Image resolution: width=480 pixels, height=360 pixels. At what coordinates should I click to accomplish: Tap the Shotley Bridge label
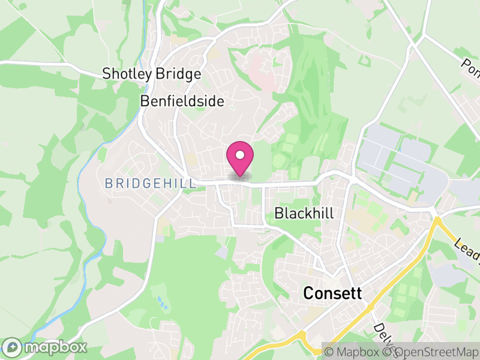(151, 74)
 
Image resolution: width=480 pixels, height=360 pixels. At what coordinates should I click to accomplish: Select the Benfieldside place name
(182, 101)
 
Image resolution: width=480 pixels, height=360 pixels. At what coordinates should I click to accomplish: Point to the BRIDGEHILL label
(150, 184)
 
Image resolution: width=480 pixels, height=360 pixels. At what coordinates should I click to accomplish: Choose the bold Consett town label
(333, 293)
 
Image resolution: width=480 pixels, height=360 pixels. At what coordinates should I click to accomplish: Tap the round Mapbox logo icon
(13, 347)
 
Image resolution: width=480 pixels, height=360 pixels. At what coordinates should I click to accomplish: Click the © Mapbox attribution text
(353, 352)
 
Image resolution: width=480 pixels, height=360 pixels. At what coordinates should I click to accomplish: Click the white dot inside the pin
(240, 155)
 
